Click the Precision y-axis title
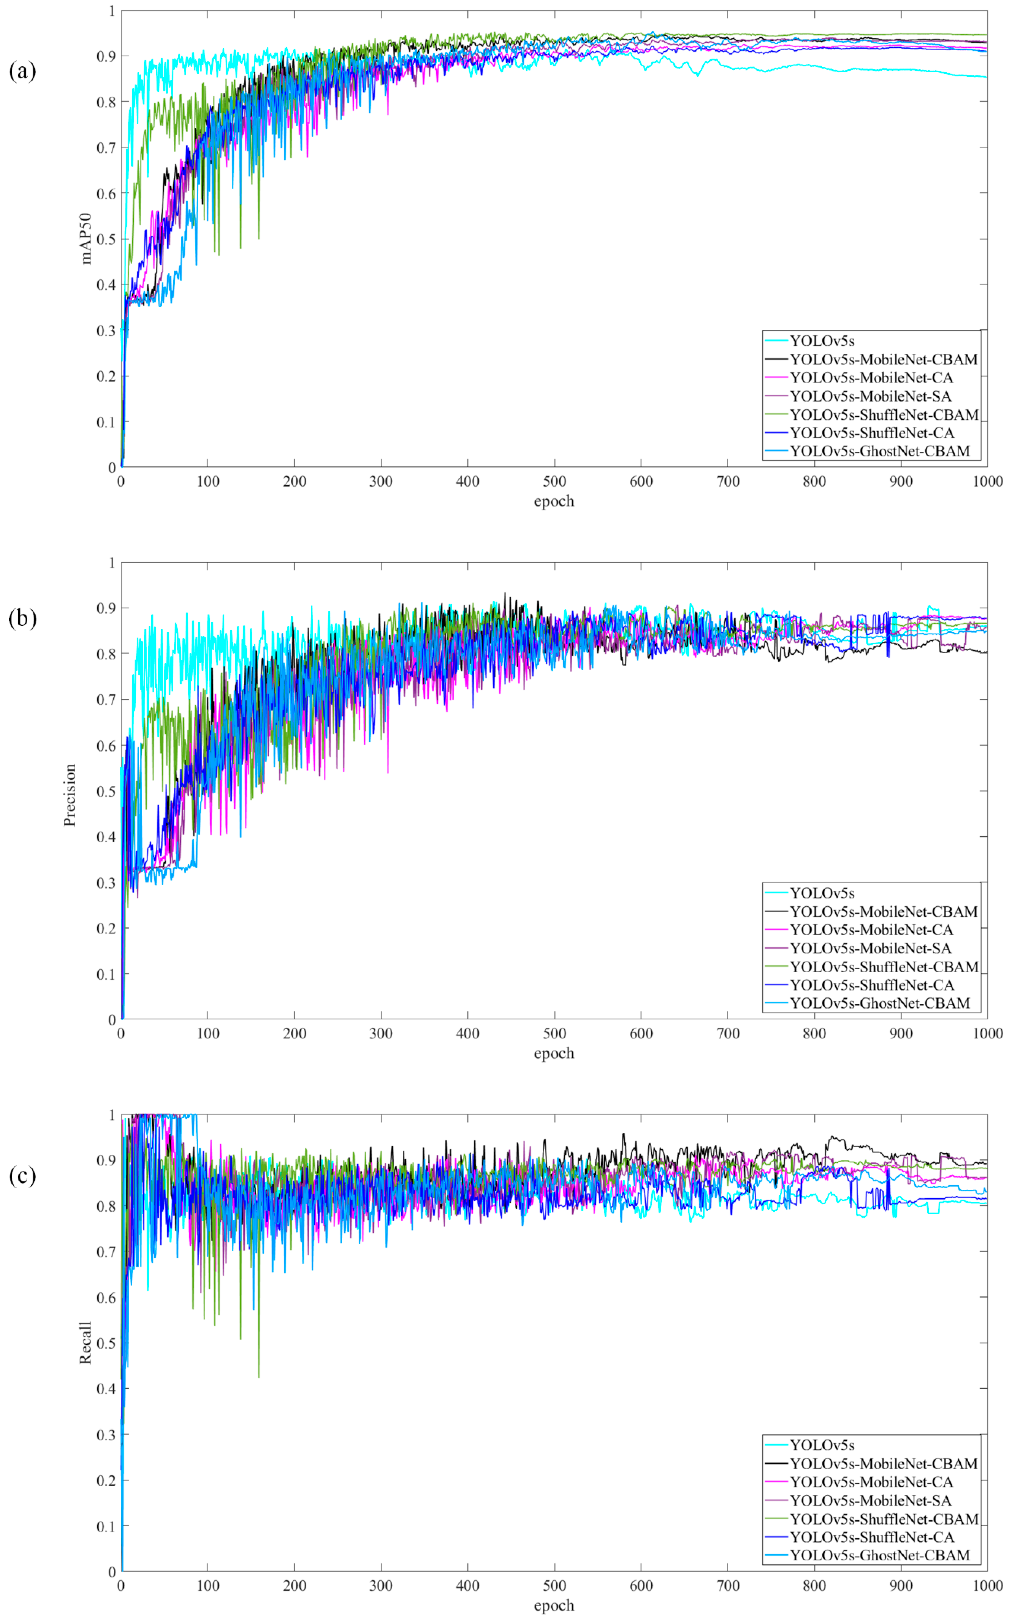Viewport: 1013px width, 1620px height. click(x=70, y=795)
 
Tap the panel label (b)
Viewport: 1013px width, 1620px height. click(x=22, y=617)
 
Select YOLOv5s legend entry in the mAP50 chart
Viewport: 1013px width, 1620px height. click(x=822, y=341)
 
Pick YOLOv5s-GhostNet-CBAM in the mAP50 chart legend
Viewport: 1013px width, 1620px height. click(x=880, y=451)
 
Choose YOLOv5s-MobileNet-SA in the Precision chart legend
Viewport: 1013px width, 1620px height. click(x=870, y=948)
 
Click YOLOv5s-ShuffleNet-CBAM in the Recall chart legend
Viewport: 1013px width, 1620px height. click(x=884, y=1519)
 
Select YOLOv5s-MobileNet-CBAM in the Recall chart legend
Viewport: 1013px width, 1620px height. click(x=883, y=1464)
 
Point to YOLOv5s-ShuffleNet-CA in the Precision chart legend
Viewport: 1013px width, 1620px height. click(x=872, y=984)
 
